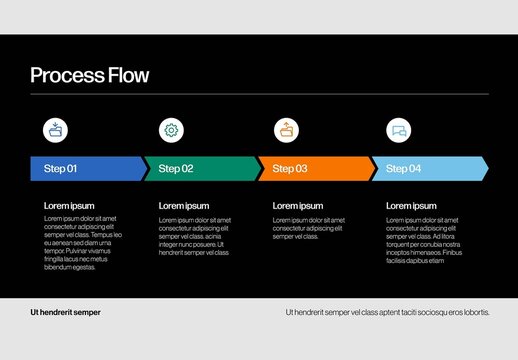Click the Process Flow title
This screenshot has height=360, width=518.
tap(89, 75)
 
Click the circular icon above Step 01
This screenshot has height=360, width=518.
tap(56, 129)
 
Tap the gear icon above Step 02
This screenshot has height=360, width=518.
tap(171, 129)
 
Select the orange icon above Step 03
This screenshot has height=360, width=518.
tap(287, 129)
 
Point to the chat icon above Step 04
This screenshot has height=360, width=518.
tap(399, 129)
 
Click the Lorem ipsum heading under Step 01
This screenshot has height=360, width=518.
tap(69, 206)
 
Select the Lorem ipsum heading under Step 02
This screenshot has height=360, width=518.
tap(184, 206)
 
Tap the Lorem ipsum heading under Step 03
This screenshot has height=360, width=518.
tap(298, 206)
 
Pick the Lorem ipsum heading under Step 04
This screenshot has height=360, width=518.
tap(411, 206)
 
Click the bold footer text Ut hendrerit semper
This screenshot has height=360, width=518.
tap(65, 312)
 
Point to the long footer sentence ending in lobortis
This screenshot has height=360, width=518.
tap(388, 312)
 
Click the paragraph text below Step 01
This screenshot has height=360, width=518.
tap(83, 243)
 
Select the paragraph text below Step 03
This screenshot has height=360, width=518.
tap(309, 227)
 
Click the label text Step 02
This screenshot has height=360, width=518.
tap(174, 169)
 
